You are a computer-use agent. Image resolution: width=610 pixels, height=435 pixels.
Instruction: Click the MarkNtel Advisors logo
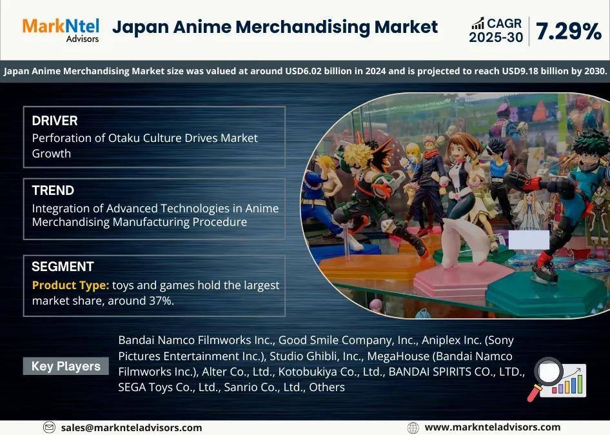click(61, 30)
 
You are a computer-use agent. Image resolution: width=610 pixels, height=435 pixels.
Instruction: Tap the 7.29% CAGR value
click(569, 31)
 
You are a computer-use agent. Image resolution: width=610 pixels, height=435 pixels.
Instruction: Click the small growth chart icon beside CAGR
click(478, 23)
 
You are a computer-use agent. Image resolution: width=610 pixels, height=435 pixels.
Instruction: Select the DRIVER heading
click(55, 121)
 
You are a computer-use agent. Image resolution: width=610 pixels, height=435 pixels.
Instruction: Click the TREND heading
click(53, 190)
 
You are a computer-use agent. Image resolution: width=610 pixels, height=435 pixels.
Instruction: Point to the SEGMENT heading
click(63, 267)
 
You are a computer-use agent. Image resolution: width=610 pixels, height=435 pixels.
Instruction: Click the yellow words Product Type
click(70, 285)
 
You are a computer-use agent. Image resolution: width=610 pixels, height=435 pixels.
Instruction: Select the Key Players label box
click(66, 366)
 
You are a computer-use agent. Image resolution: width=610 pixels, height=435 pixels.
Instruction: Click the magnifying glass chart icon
click(556, 379)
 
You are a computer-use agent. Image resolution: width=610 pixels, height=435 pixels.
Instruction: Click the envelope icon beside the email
click(49, 427)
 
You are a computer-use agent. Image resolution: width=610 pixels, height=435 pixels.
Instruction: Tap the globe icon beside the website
click(413, 428)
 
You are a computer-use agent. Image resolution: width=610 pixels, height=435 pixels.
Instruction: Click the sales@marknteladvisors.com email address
click(132, 428)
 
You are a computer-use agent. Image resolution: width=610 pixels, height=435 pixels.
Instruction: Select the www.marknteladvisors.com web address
click(493, 427)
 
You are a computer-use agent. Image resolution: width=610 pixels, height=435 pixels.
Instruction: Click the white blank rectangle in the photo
click(529, 239)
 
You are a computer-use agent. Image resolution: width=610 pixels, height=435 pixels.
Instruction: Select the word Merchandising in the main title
click(302, 28)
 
